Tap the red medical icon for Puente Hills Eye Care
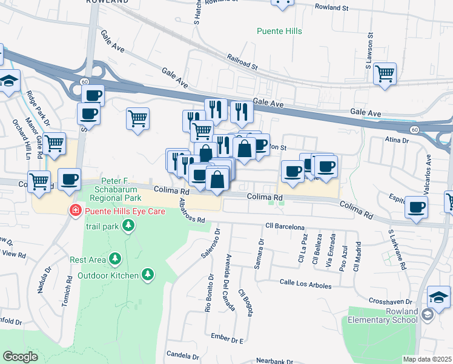click(x=76, y=211)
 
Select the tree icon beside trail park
click(x=128, y=226)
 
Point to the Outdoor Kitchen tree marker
click(x=147, y=275)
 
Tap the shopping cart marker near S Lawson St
click(x=385, y=74)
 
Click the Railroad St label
click(x=242, y=61)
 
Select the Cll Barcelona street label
click(x=284, y=227)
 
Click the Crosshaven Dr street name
click(x=391, y=302)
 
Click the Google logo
click(x=20, y=356)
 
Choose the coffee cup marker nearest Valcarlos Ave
click(x=416, y=206)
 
